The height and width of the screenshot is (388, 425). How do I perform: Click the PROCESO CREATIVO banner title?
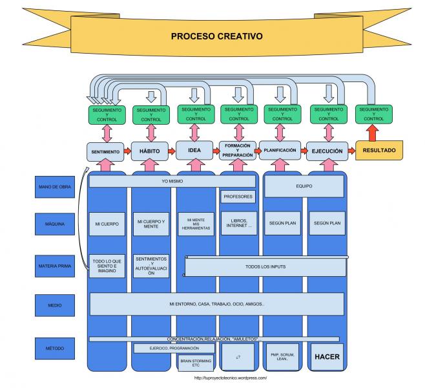(x=216, y=37)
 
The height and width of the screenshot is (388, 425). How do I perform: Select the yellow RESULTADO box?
(x=379, y=151)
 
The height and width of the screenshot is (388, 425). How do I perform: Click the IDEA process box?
(x=194, y=151)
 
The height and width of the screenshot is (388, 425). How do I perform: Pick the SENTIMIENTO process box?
(x=105, y=151)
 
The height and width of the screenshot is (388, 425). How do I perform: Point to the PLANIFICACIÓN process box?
(x=280, y=150)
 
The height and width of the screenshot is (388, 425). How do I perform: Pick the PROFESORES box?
(x=238, y=196)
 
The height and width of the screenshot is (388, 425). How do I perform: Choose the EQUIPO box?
(x=303, y=187)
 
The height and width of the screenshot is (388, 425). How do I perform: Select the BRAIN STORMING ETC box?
(x=194, y=361)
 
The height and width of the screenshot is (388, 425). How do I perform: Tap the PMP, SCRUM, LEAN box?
(x=282, y=357)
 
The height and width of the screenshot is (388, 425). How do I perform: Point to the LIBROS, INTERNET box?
(x=238, y=223)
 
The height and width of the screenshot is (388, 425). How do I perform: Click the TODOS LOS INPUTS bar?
(x=265, y=266)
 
